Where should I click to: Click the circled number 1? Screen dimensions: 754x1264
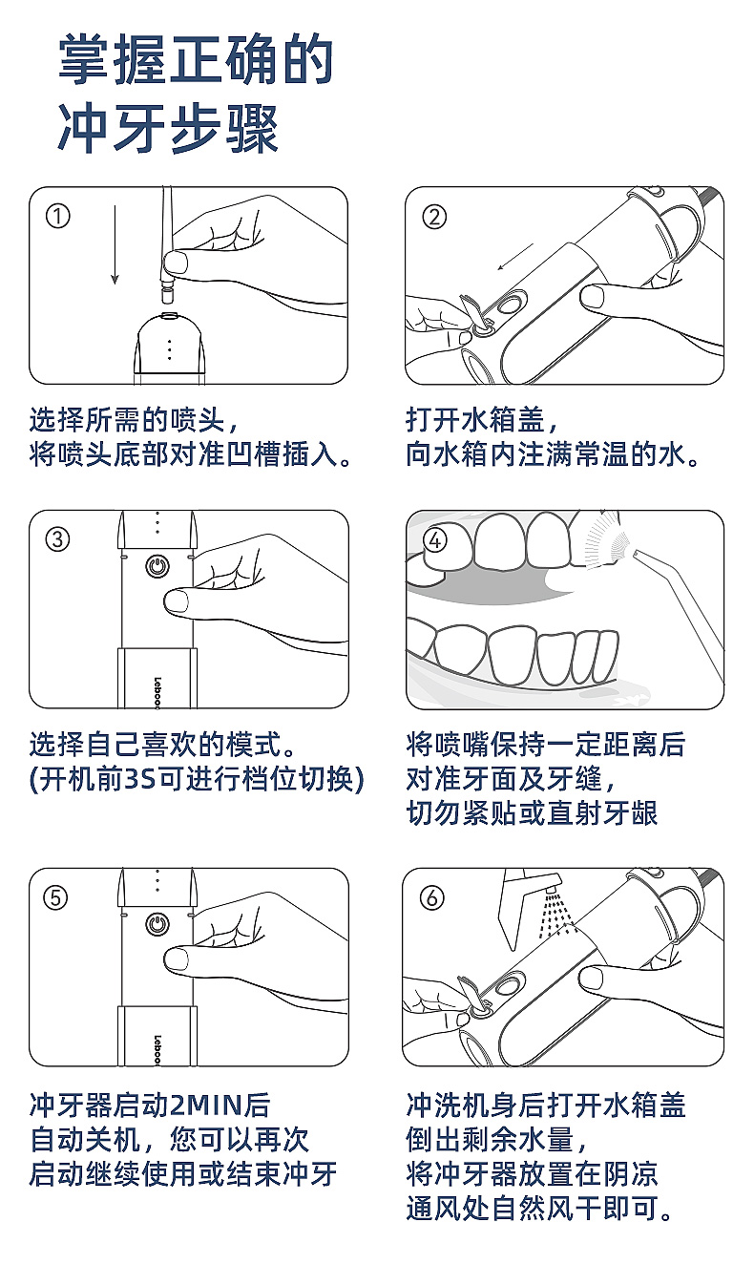point(58,217)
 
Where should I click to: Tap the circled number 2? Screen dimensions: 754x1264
point(434,217)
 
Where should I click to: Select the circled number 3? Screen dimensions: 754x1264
point(58,539)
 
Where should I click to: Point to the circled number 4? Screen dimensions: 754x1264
point(434,540)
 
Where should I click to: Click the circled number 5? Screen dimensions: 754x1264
point(58,897)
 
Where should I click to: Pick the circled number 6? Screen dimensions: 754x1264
point(434,897)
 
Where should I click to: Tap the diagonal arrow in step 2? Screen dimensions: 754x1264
point(514,258)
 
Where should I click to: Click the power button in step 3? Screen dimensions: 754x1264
point(157,566)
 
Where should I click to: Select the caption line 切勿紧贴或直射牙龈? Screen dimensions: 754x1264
point(532,813)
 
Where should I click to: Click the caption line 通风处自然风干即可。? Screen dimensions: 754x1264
point(539,1209)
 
